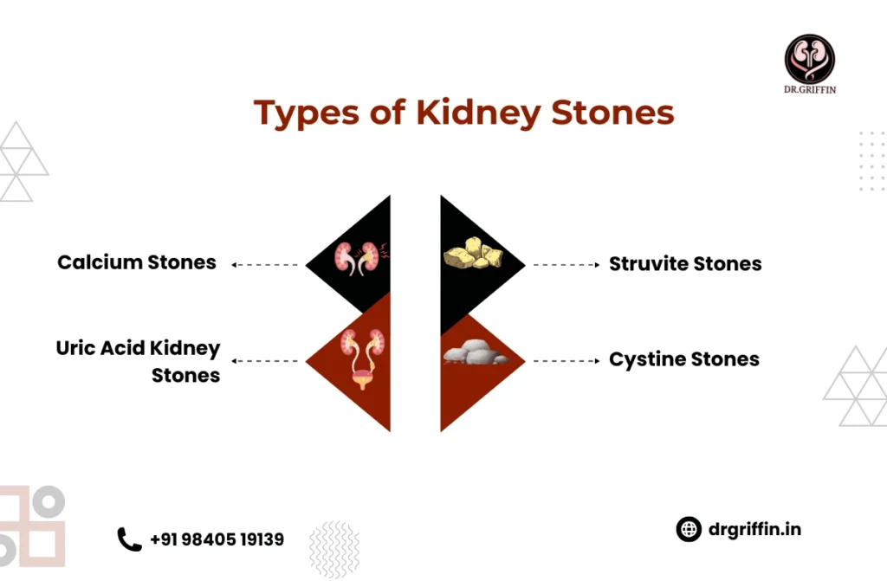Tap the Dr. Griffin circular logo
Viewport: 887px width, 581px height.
(810, 59)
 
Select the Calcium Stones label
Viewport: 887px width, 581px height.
(137, 262)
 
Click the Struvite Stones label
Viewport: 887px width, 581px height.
(685, 263)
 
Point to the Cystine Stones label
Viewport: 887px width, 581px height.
(684, 359)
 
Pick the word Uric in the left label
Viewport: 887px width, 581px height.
(76, 348)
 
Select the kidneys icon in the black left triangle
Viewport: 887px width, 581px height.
(360, 259)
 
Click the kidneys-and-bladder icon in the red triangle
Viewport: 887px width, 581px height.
(363, 358)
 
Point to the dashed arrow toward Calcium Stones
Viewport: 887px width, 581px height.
(265, 265)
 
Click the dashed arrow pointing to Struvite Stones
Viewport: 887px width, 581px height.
(567, 265)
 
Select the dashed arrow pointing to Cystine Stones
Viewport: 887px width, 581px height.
(567, 360)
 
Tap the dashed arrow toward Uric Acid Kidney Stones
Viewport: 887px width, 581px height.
(265, 360)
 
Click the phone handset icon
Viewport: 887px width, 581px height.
(129, 539)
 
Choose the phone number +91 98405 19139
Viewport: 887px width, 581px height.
(217, 539)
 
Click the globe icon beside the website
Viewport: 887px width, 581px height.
(689, 530)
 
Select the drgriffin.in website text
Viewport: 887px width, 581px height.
(754, 530)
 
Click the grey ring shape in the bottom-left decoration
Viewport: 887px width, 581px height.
(49, 501)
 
